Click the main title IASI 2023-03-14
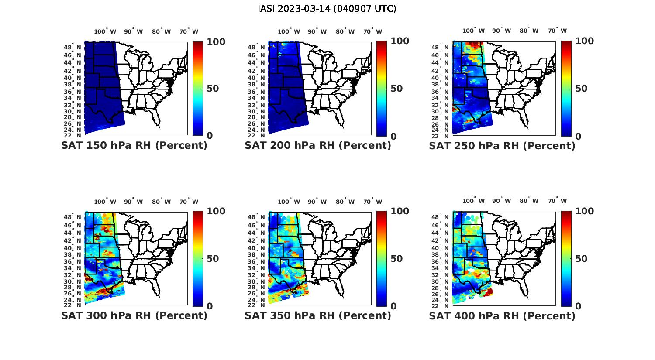point(327,9)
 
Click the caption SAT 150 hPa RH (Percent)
point(134,146)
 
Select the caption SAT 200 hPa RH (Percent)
point(318,146)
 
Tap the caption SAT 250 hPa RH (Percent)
point(502,146)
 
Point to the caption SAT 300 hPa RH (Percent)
point(134,315)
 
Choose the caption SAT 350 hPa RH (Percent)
point(318,315)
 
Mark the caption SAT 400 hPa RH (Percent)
point(502,315)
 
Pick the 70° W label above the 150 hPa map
point(189,31)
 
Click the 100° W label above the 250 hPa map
point(474,31)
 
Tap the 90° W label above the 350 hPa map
point(317,202)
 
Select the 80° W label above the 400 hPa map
point(529,201)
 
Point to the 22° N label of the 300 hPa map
point(76,305)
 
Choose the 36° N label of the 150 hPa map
point(76,92)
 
